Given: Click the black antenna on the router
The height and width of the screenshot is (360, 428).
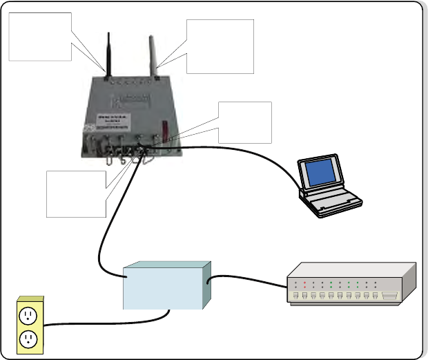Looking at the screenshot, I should coord(108,52).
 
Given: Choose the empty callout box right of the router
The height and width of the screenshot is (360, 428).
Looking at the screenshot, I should coord(244,122).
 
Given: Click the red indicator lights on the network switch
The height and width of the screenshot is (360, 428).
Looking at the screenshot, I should coord(304,283).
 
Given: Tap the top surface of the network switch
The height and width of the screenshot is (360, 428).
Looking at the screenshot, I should coord(352,271).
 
